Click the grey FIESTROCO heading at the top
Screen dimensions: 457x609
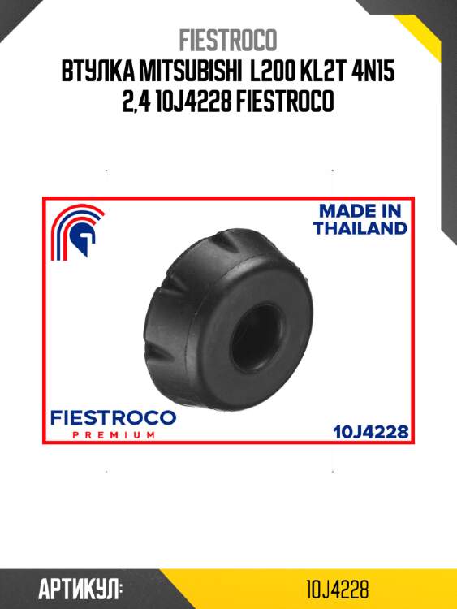[228, 40]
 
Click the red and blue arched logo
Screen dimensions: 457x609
[77, 231]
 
